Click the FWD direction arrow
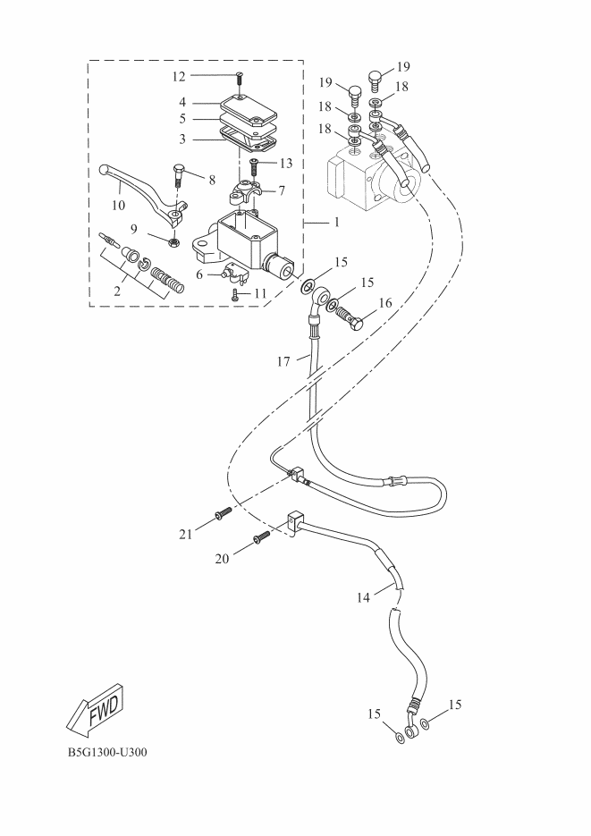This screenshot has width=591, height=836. tap(96, 708)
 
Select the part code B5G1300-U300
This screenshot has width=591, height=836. tap(107, 752)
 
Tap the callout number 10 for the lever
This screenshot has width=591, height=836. tap(118, 205)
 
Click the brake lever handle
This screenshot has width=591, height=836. tap(143, 195)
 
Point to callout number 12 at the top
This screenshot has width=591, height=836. tap(179, 76)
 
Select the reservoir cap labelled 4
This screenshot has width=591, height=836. tap(249, 108)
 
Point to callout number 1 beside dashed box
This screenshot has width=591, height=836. tap(336, 222)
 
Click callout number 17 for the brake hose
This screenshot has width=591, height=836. tap(283, 362)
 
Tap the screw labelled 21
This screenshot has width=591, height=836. tap(223, 512)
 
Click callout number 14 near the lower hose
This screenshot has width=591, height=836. tap(363, 597)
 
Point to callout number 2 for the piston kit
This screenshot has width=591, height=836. tap(117, 291)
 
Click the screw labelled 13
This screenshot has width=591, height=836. tap(254, 165)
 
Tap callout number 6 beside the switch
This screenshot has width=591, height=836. tap(199, 275)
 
